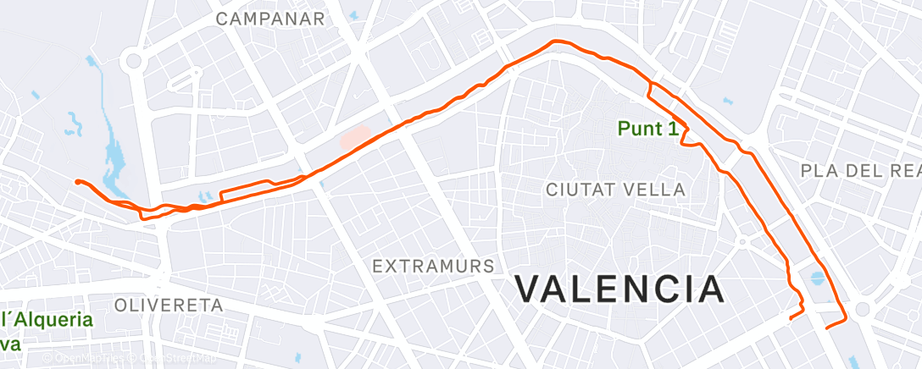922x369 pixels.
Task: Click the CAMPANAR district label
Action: pos(270,18)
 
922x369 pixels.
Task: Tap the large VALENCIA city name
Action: pos(619,289)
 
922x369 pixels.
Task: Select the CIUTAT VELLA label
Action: pos(616,189)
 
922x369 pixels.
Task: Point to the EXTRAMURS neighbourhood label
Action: pos(434,266)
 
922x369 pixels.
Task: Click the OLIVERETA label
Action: pos(168,304)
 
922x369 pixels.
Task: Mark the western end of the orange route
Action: pos(77,181)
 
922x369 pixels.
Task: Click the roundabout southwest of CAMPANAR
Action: pos(133,60)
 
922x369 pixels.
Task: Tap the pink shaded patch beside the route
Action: pos(356,137)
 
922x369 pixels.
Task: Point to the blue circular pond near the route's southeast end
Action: pos(816,277)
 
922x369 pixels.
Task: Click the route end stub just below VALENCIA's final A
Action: pos(790,318)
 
